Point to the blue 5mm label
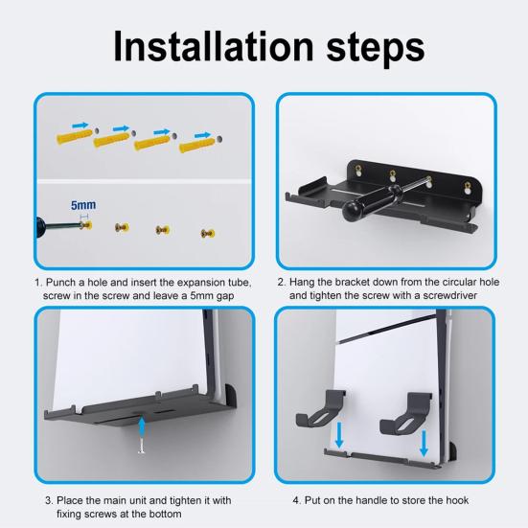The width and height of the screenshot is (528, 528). pos(83,205)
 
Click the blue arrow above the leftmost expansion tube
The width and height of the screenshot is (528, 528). pos(80,124)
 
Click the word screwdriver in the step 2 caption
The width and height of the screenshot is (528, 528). pos(453,296)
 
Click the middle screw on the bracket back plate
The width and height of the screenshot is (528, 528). pos(393,174)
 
